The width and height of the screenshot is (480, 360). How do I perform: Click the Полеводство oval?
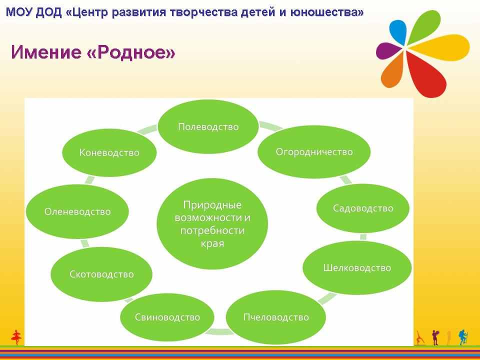click(208, 126)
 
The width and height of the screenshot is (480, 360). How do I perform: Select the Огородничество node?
click(314, 152)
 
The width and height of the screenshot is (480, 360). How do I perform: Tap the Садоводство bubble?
click(363, 208)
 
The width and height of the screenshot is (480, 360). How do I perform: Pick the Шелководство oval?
click(357, 268)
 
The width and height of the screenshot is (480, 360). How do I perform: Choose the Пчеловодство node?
click(276, 317)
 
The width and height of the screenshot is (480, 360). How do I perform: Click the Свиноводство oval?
click(167, 317)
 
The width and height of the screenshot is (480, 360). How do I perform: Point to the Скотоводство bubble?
click(101, 274)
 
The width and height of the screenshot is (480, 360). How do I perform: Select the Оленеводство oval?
click(77, 211)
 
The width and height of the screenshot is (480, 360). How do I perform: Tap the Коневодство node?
click(109, 152)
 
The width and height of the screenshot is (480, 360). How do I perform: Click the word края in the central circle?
click(212, 244)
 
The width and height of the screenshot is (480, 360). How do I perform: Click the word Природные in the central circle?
click(212, 205)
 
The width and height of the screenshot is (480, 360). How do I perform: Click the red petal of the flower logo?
click(426, 74)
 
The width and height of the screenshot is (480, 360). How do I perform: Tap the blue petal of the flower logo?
click(398, 32)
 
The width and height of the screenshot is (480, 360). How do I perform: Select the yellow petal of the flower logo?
click(439, 47)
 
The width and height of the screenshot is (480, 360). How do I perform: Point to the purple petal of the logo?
click(388, 50)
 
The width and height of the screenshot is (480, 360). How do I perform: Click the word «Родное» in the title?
click(131, 52)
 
